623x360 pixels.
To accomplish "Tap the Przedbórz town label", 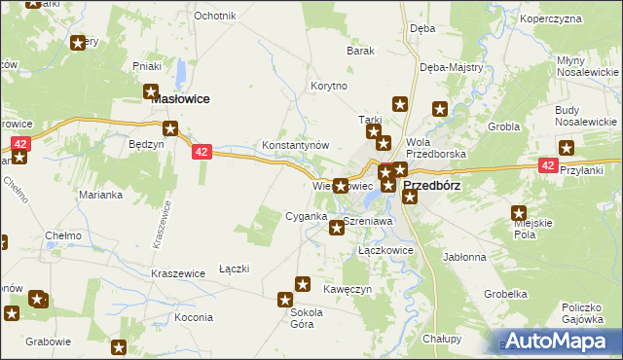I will click(431, 184).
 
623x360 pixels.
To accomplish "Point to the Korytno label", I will click(328, 86).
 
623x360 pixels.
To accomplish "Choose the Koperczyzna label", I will click(577, 18).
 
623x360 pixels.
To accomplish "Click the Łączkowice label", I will click(386, 250).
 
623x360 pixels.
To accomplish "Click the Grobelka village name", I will click(506, 293).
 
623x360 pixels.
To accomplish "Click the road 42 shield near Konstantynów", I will click(202, 152).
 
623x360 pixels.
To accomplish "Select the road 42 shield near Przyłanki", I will click(548, 166).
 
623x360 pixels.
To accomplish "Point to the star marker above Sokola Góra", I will click(286, 301).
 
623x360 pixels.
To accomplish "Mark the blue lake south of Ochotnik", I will click(181, 72).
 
